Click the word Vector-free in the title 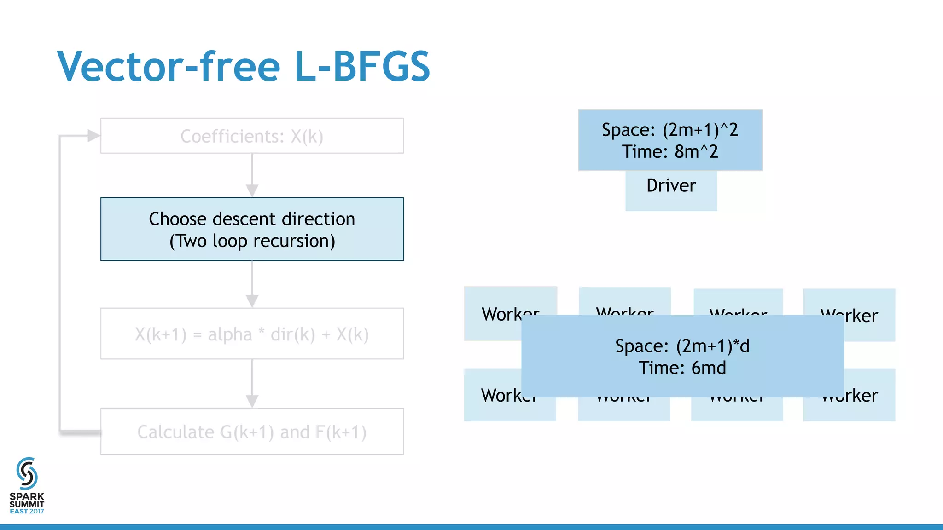[x=169, y=67]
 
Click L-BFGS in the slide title [x=362, y=67]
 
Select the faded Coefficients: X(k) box [x=252, y=136]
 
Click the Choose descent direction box [x=252, y=219]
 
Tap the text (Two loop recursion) [x=252, y=241]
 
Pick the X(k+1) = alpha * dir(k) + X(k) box [x=252, y=334]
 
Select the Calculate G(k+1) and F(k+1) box [x=252, y=432]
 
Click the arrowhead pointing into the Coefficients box [x=93, y=136]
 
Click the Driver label [x=671, y=186]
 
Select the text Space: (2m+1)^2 [x=670, y=130]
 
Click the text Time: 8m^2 [x=670, y=152]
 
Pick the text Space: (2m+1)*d [x=682, y=346]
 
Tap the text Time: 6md [x=682, y=368]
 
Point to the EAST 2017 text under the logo [x=27, y=511]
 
